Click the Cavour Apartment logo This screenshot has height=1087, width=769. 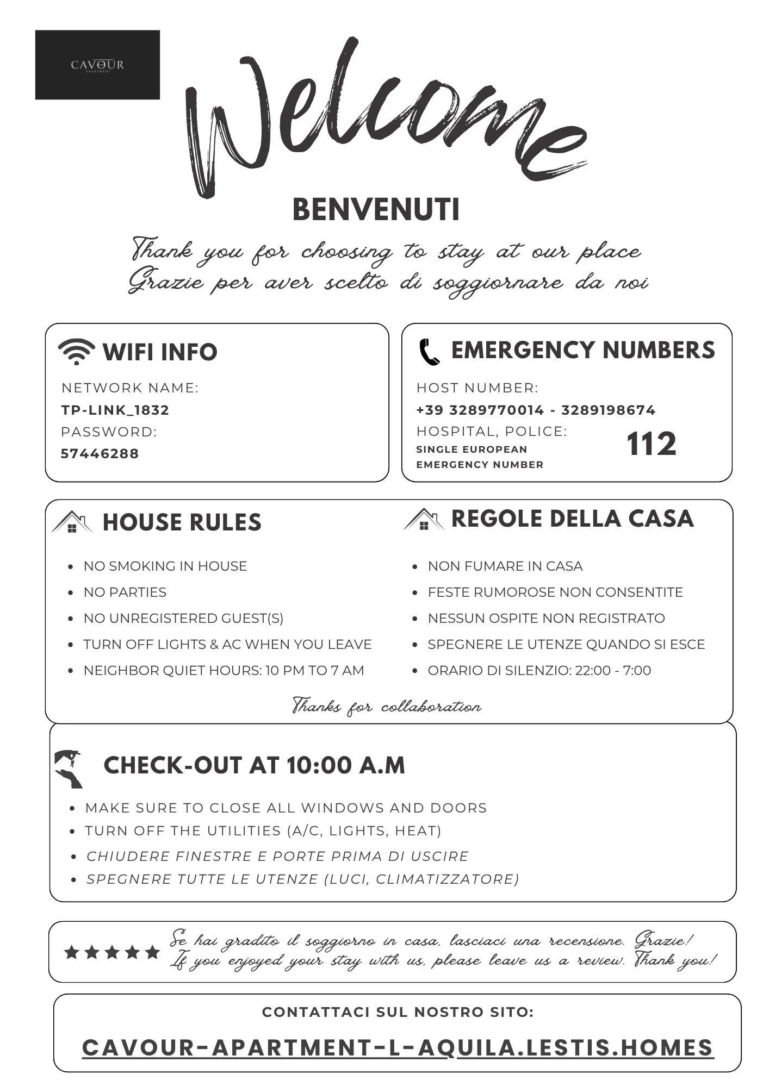pyautogui.click(x=97, y=65)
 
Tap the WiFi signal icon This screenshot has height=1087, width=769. pyautogui.click(x=76, y=351)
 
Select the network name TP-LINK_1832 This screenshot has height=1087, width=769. pyautogui.click(x=115, y=410)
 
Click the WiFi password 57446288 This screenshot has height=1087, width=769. pyautogui.click(x=100, y=453)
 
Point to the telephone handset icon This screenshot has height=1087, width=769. pyautogui.click(x=429, y=352)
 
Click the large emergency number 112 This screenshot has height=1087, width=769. pyautogui.click(x=651, y=444)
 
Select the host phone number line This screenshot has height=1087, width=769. pyautogui.click(x=536, y=410)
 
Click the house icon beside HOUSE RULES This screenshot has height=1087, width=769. pyautogui.click(x=72, y=522)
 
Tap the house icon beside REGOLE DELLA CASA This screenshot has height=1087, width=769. pyautogui.click(x=424, y=519)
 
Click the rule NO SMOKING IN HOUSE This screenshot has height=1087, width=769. pyautogui.click(x=165, y=566)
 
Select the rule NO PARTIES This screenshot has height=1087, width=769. pyautogui.click(x=125, y=592)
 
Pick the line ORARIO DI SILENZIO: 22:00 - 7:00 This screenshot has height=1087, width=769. pyautogui.click(x=539, y=670)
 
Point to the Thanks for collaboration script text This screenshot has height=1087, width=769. pyautogui.click(x=387, y=706)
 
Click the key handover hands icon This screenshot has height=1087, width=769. pyautogui.click(x=69, y=769)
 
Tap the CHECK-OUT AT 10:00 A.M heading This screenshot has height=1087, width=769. pyautogui.click(x=254, y=765)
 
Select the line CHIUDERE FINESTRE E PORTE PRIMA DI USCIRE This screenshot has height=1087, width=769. pyautogui.click(x=277, y=856)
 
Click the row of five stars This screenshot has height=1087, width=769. pyautogui.click(x=112, y=952)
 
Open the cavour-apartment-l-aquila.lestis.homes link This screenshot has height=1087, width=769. pyautogui.click(x=397, y=1048)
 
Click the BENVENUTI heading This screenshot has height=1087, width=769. pyautogui.click(x=376, y=210)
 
